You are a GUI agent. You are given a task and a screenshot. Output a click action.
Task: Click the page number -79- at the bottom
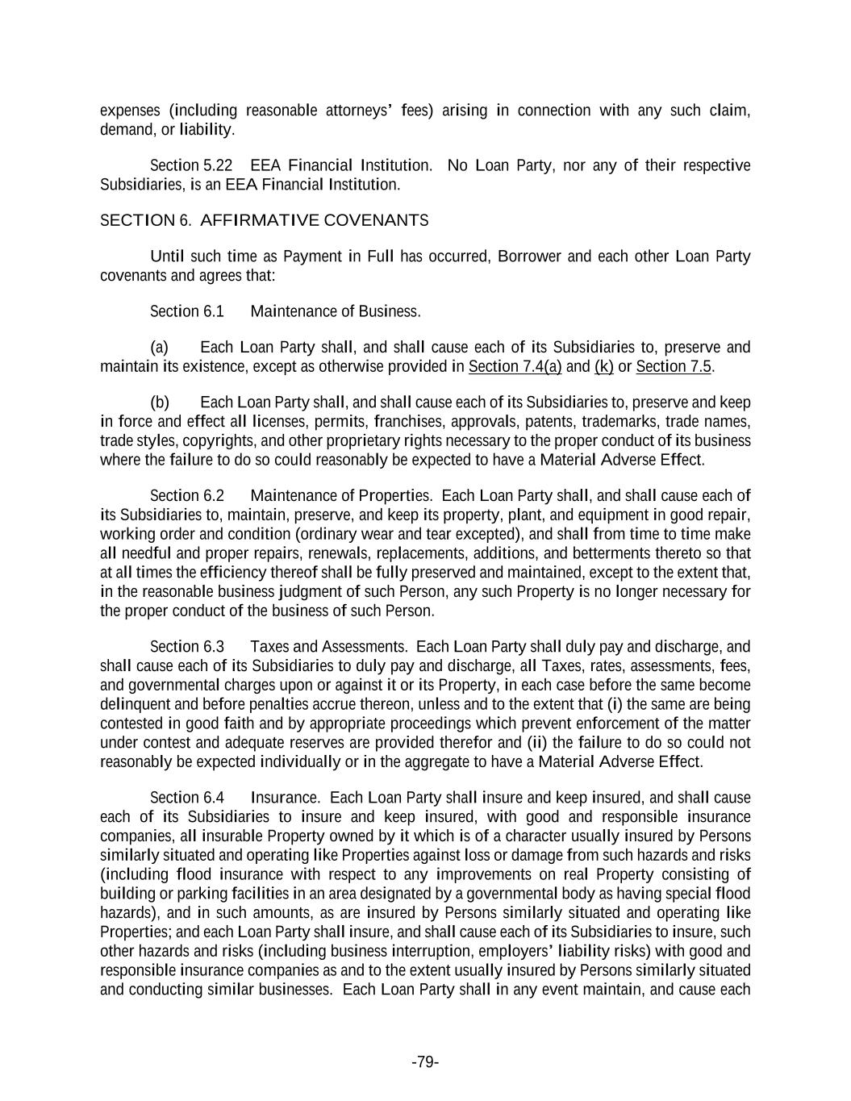coord(425,1061)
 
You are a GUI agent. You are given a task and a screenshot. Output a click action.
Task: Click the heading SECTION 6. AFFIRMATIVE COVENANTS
coord(264,220)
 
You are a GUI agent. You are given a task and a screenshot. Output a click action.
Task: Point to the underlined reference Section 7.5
coord(674,367)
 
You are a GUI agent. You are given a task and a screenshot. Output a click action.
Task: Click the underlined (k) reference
coord(604,367)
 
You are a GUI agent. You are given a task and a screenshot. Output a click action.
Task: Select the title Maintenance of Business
coord(336,311)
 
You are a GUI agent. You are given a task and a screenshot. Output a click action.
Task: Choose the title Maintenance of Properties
coord(341,495)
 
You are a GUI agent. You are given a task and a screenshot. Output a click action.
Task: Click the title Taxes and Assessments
coord(328,647)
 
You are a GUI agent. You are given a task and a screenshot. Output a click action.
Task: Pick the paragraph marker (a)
coord(159,348)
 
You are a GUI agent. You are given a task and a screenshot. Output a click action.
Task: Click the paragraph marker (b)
coord(159,402)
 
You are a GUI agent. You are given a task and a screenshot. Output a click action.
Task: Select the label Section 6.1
coord(187,311)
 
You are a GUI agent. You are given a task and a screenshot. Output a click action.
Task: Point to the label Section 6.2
coord(187,495)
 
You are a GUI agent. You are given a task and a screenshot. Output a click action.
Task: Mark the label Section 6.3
coord(187,647)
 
